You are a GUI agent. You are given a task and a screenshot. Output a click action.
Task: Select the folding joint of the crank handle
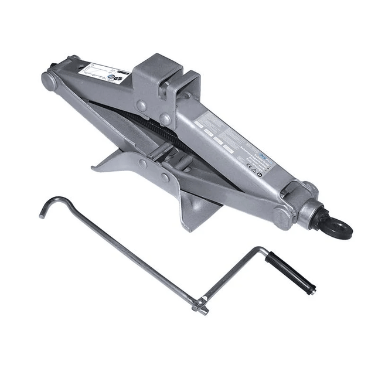click(x=200, y=303)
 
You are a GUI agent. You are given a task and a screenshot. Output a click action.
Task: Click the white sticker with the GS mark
click(x=100, y=74)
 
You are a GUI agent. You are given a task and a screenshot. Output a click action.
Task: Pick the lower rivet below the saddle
click(x=166, y=119)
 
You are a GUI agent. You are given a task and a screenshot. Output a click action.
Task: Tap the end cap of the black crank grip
click(x=314, y=288)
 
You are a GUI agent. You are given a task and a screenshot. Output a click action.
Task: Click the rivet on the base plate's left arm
click(x=144, y=162)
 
